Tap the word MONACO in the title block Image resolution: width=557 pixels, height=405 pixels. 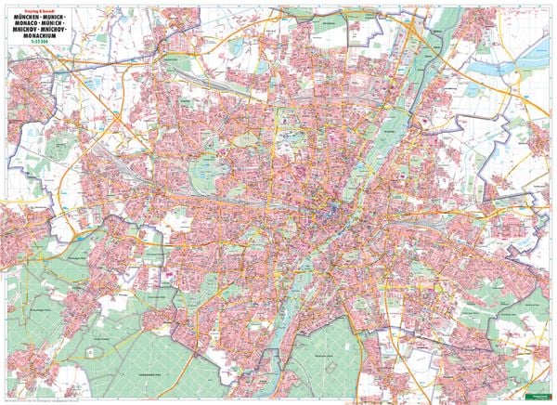click(26, 27)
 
